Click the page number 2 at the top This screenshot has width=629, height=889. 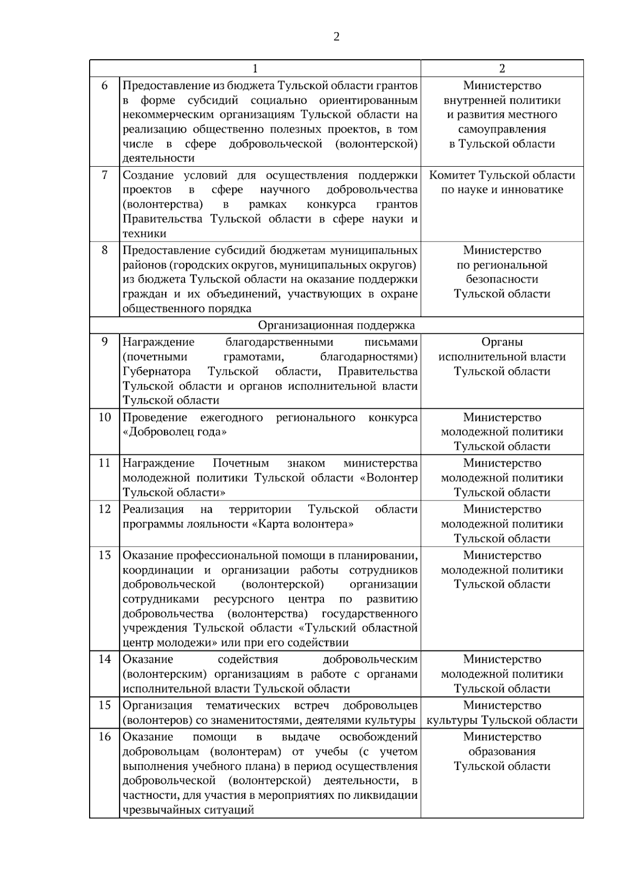(x=336, y=37)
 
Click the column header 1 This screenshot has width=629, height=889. (x=255, y=68)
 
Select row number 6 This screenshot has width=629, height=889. (x=104, y=85)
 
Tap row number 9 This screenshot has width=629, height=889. (x=104, y=342)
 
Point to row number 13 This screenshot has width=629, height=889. (x=104, y=555)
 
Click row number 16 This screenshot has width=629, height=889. (x=104, y=736)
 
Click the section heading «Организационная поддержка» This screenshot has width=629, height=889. (x=336, y=325)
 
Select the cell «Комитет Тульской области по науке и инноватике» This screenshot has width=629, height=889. (x=502, y=182)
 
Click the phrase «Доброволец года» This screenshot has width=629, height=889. (x=175, y=432)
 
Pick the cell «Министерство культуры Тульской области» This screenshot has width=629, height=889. (x=502, y=712)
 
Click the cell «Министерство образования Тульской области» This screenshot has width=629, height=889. (x=502, y=751)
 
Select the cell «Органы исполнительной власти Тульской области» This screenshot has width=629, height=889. (x=502, y=356)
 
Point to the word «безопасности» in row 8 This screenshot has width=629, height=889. (x=502, y=279)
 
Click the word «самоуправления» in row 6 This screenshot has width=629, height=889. (x=502, y=129)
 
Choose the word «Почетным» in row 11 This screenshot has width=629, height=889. (x=241, y=463)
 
